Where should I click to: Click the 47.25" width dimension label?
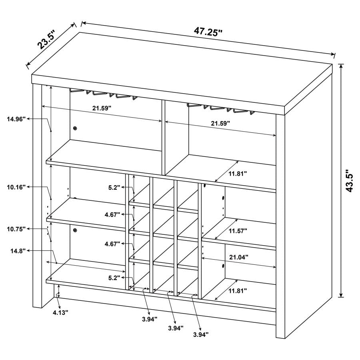(208, 32)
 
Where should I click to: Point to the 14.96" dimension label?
(16, 118)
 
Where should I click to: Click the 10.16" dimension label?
(16, 187)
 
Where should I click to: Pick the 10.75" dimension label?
(16, 228)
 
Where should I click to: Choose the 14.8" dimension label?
(18, 250)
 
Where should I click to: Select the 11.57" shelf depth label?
(238, 231)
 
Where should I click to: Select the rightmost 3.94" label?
(200, 334)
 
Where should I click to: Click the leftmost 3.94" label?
(149, 319)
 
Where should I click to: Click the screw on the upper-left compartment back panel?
(75, 128)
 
